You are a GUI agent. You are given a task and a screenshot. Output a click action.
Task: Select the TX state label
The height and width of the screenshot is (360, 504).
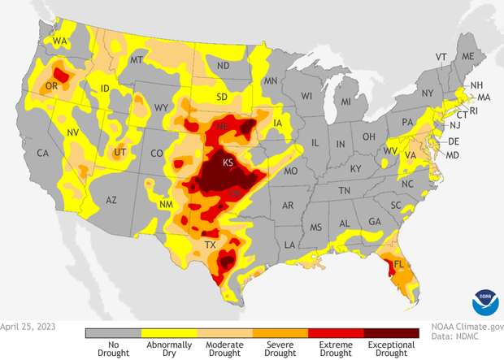(210, 245)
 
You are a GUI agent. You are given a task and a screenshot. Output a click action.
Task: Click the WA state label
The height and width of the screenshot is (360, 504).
(60, 41)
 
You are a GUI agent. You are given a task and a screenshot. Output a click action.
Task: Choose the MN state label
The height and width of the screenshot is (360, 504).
(272, 80)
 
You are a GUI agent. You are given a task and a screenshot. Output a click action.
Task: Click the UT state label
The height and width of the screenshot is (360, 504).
(119, 152)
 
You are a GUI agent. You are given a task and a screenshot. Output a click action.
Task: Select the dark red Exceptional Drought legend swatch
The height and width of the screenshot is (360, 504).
(391, 332)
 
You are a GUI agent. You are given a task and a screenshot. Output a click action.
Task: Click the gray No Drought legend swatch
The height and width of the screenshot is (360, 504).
(113, 332)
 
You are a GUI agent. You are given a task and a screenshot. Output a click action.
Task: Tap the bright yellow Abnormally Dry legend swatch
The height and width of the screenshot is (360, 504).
(168, 332)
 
